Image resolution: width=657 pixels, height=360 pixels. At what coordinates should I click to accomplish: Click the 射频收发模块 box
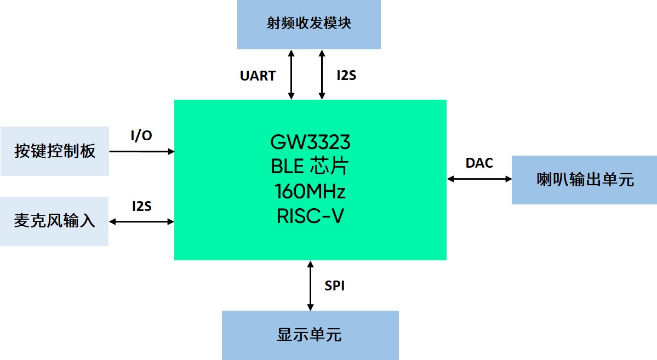308,25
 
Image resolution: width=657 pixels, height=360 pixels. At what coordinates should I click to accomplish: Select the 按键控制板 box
55,151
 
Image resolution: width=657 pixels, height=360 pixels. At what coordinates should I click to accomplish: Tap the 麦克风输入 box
54,221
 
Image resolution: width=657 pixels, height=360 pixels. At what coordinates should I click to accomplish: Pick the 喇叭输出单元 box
584,180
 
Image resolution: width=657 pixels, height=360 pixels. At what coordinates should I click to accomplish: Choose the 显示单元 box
310,335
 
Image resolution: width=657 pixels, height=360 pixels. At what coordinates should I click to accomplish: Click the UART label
258,76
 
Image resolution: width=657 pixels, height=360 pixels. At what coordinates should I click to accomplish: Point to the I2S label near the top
346,76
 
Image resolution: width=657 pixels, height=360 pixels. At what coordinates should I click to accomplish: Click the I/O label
141,136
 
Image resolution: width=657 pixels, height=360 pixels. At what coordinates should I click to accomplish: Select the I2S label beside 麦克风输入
141,207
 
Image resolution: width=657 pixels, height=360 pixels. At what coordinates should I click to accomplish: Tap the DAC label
479,163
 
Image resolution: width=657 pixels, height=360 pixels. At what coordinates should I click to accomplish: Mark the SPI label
334,285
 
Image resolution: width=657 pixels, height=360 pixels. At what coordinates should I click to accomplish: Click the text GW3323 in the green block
310,142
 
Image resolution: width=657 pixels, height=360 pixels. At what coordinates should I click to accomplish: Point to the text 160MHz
310,192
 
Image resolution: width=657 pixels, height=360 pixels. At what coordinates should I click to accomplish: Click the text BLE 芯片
310,167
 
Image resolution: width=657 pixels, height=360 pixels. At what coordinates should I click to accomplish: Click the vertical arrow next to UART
292,75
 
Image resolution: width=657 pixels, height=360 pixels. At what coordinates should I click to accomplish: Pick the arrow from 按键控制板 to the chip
142,151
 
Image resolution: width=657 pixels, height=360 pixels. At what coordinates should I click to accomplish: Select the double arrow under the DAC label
479,179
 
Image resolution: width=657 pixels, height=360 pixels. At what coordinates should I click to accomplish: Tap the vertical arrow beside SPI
311,285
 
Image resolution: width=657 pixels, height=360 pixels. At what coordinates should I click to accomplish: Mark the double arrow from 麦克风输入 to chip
142,221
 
